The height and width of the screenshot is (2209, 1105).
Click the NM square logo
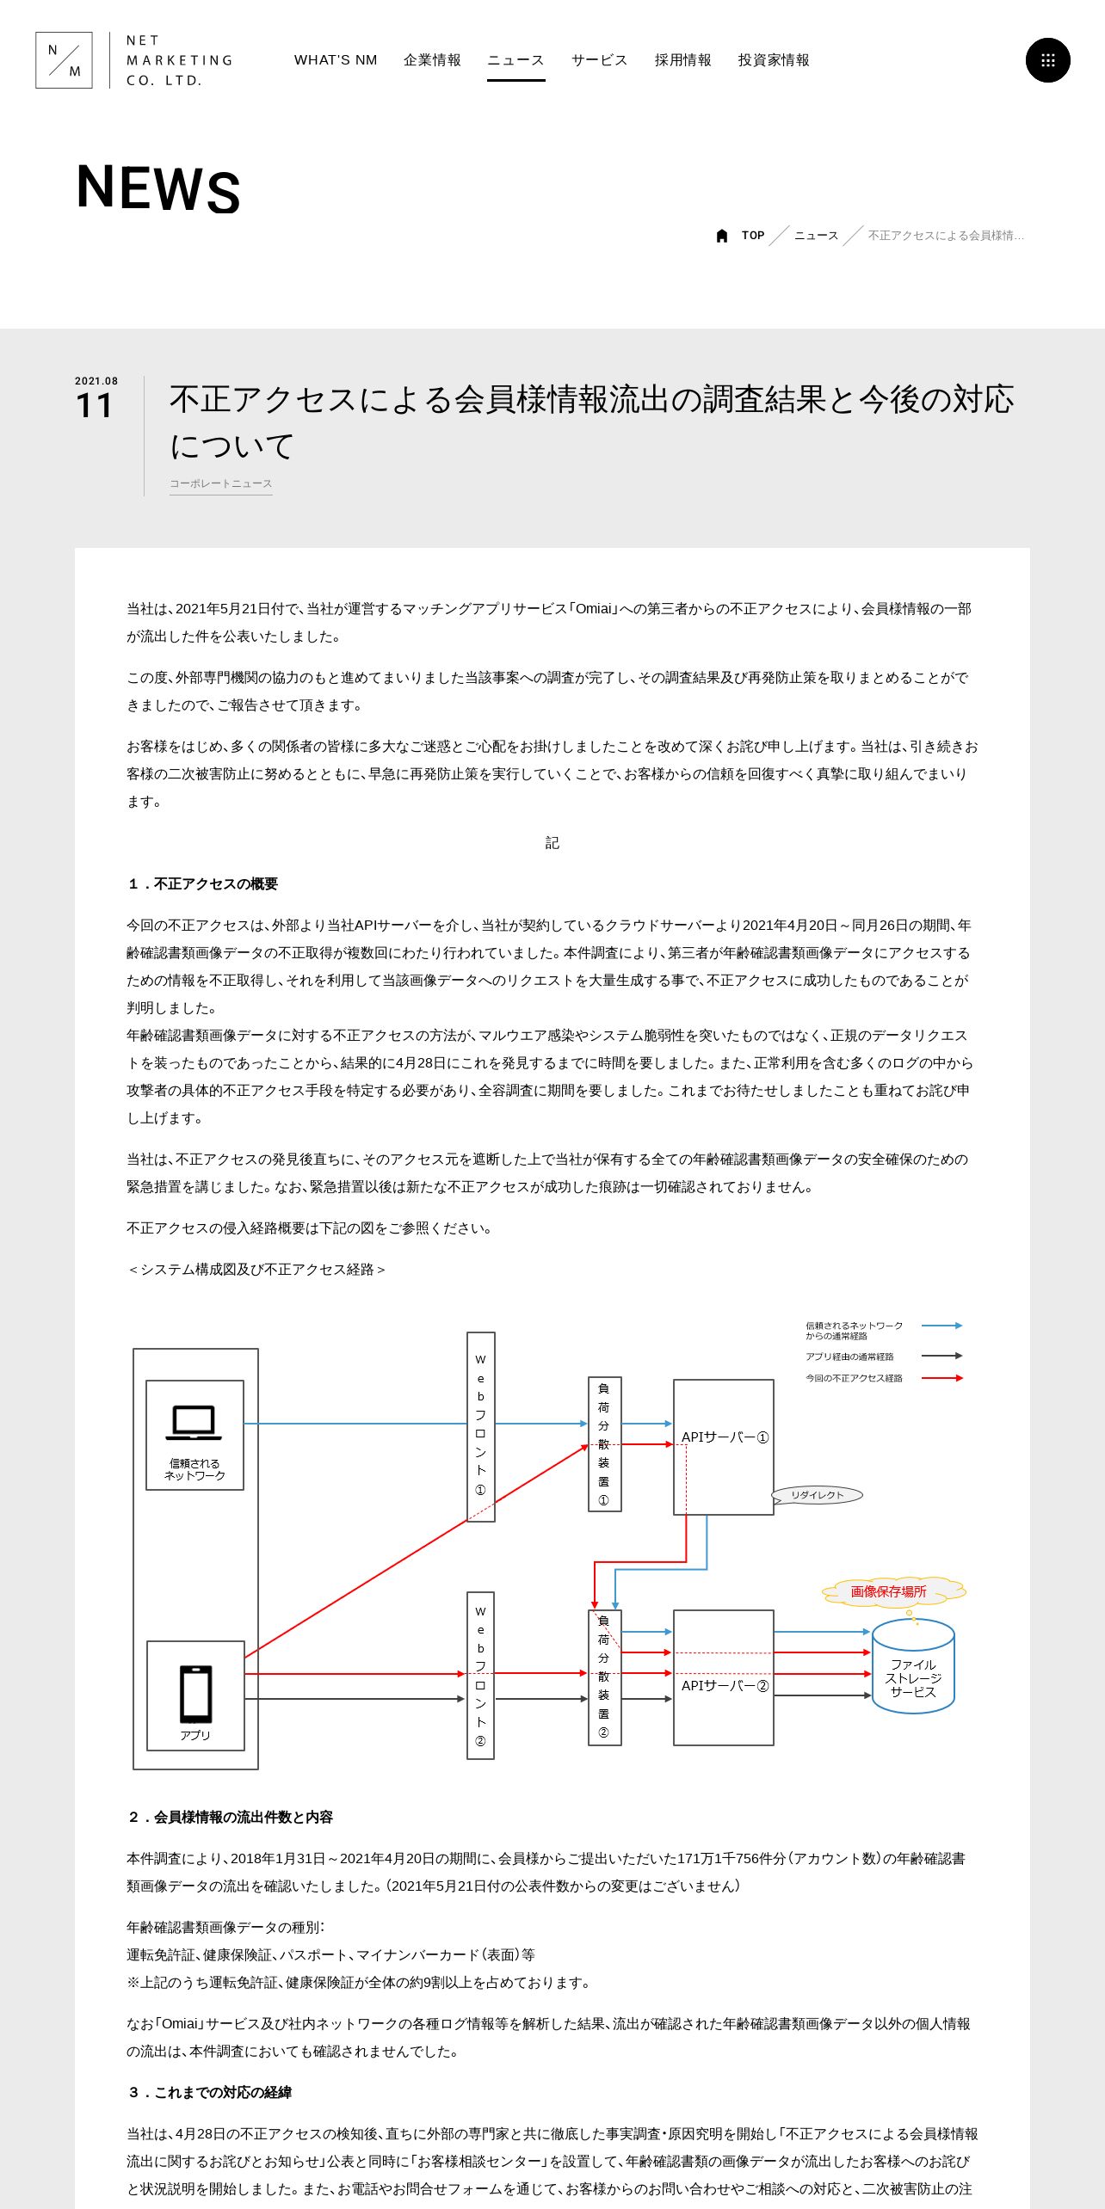(64, 60)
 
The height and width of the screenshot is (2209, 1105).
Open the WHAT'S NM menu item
(336, 60)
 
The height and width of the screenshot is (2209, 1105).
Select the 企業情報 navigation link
(432, 60)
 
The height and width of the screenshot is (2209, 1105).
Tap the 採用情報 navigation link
(682, 60)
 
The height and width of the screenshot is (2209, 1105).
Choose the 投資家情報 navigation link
(774, 60)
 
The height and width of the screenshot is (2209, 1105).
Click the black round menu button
(1047, 60)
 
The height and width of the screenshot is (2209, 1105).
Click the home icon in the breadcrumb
(722, 236)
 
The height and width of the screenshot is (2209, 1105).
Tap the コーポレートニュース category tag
(220, 483)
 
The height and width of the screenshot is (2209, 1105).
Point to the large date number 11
(95, 406)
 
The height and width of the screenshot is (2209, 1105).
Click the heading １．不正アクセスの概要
(203, 884)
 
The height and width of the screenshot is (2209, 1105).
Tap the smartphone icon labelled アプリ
(195, 1694)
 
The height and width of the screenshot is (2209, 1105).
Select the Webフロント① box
(480, 1426)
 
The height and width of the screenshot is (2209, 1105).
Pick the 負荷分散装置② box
(604, 1677)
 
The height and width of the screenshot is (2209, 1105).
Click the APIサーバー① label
(725, 1437)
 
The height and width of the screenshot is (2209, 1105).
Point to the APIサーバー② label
(725, 1686)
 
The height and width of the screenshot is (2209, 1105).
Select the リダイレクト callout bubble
(817, 1495)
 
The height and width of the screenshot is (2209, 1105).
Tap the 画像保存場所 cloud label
(889, 1591)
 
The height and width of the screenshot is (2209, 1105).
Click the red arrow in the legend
(941, 1378)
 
